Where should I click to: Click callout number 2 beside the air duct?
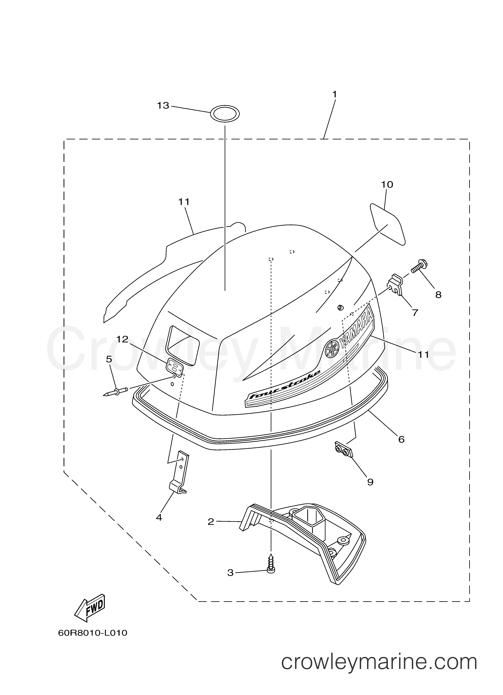[x=211, y=522]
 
